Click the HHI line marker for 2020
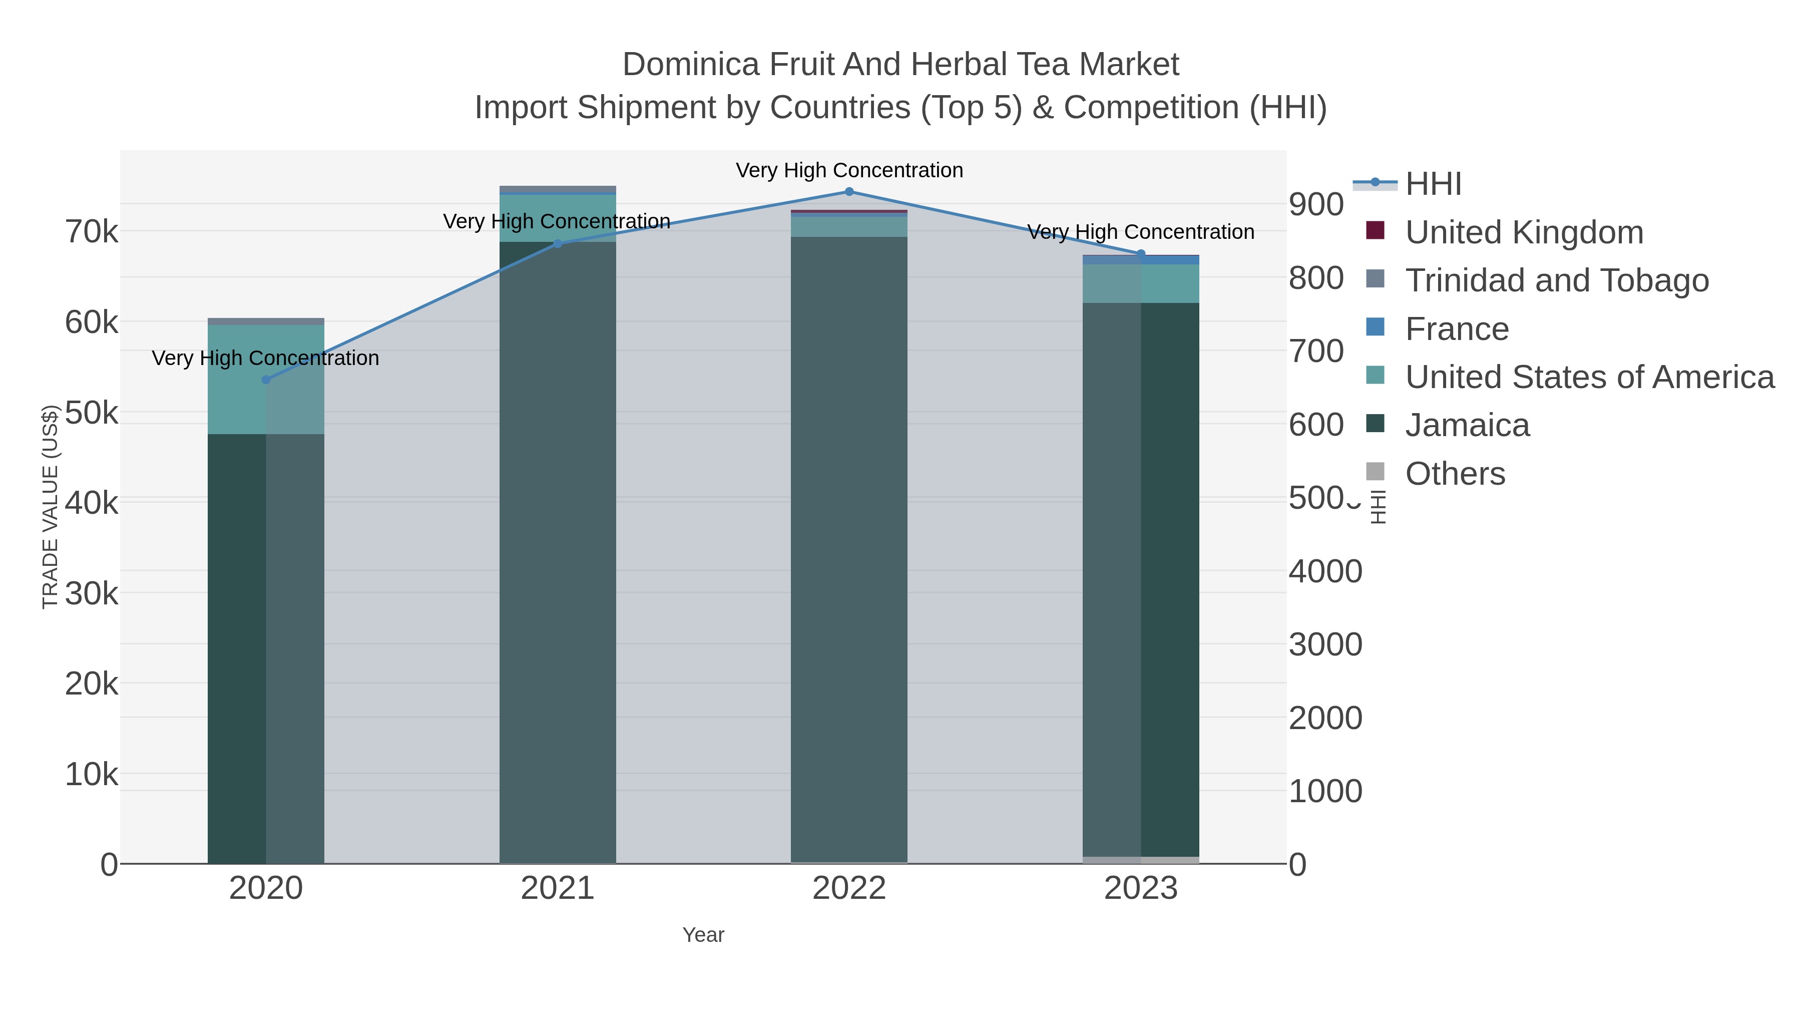click(266, 380)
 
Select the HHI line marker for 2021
click(558, 243)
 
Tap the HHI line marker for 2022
click(849, 192)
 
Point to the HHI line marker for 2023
click(1141, 254)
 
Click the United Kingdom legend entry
click(1524, 232)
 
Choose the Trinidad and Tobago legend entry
click(1556, 280)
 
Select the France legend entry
click(1457, 329)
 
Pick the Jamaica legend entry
click(1467, 426)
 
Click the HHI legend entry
click(1433, 184)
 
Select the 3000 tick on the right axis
click(1325, 644)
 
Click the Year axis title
click(703, 935)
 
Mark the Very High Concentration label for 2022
click(849, 170)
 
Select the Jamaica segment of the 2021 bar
click(558, 553)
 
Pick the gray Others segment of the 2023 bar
click(1141, 860)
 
